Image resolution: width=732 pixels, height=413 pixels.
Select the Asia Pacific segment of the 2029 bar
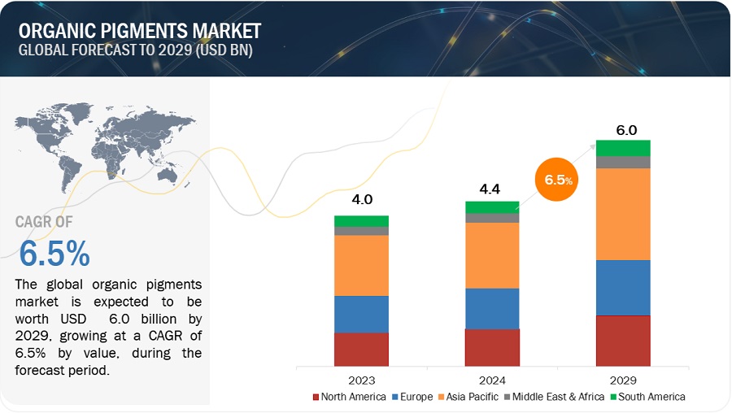pos(623,214)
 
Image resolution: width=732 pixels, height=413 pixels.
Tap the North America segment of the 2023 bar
pos(361,349)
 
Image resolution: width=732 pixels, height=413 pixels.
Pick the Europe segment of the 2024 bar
pos(492,308)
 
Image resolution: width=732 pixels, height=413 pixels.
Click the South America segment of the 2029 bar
pos(623,147)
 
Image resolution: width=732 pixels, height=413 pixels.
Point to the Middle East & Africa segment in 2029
pos(623,162)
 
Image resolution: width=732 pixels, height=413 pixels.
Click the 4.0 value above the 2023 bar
pos(361,200)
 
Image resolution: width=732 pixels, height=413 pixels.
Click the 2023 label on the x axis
pos(361,379)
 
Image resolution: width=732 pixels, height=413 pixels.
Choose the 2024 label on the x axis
pos(492,379)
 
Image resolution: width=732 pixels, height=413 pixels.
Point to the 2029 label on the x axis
pos(623,379)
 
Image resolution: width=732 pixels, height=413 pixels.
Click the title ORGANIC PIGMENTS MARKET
pos(140,31)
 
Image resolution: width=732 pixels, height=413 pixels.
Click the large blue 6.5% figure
pos(54,254)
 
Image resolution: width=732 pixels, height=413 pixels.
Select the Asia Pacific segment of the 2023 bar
pos(361,265)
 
